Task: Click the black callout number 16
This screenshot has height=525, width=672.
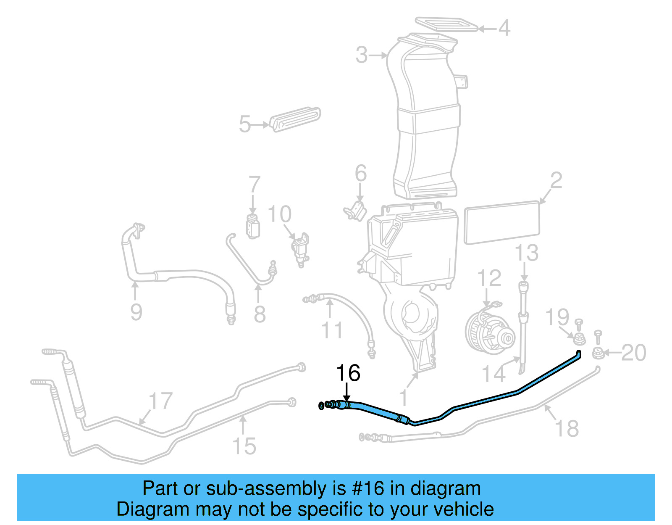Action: [348, 373]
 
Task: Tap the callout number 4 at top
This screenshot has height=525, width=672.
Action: [504, 28]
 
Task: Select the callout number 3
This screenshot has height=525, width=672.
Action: [362, 55]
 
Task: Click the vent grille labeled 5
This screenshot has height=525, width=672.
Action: [295, 120]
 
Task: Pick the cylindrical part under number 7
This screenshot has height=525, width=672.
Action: [253, 226]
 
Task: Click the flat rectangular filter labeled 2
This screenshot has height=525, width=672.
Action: [501, 222]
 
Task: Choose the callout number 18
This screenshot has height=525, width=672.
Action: [567, 428]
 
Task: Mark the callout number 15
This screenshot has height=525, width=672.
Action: [244, 446]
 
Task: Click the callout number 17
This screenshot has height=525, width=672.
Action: [160, 401]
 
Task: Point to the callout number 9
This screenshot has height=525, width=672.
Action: [136, 312]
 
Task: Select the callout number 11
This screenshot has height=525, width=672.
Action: [332, 330]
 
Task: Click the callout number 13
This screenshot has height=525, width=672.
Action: [526, 253]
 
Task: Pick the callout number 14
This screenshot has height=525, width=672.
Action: [493, 374]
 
